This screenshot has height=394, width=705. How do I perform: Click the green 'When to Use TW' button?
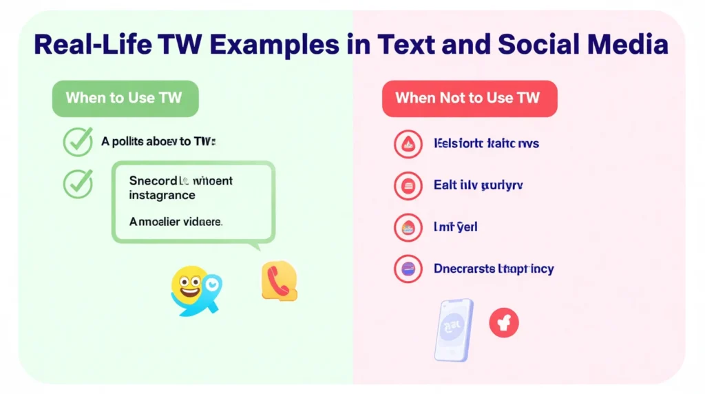point(125,98)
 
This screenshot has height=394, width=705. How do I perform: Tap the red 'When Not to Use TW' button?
point(469,98)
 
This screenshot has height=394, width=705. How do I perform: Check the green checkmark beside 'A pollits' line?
point(78,142)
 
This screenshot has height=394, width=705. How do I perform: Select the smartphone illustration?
point(453,329)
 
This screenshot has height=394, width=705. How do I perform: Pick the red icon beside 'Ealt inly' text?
point(408,185)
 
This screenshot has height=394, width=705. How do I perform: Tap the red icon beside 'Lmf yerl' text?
point(408,227)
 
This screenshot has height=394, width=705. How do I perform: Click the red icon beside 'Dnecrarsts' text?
point(408,269)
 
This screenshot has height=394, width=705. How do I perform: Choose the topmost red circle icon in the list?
point(408,144)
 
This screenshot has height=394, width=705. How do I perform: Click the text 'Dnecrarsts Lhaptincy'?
point(494,269)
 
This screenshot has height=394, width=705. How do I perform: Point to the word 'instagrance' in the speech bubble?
point(162,196)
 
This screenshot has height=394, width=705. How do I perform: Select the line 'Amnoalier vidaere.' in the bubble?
point(176,222)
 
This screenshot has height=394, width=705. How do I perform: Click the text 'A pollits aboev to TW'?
point(158,142)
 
